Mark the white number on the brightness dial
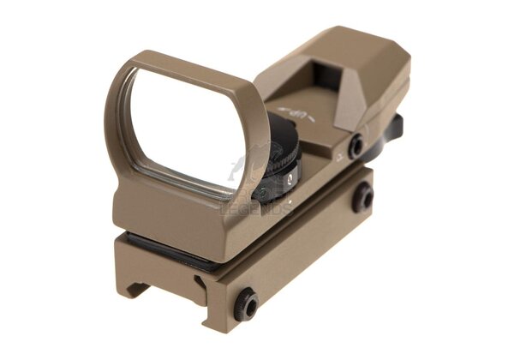click(x=290, y=177)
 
